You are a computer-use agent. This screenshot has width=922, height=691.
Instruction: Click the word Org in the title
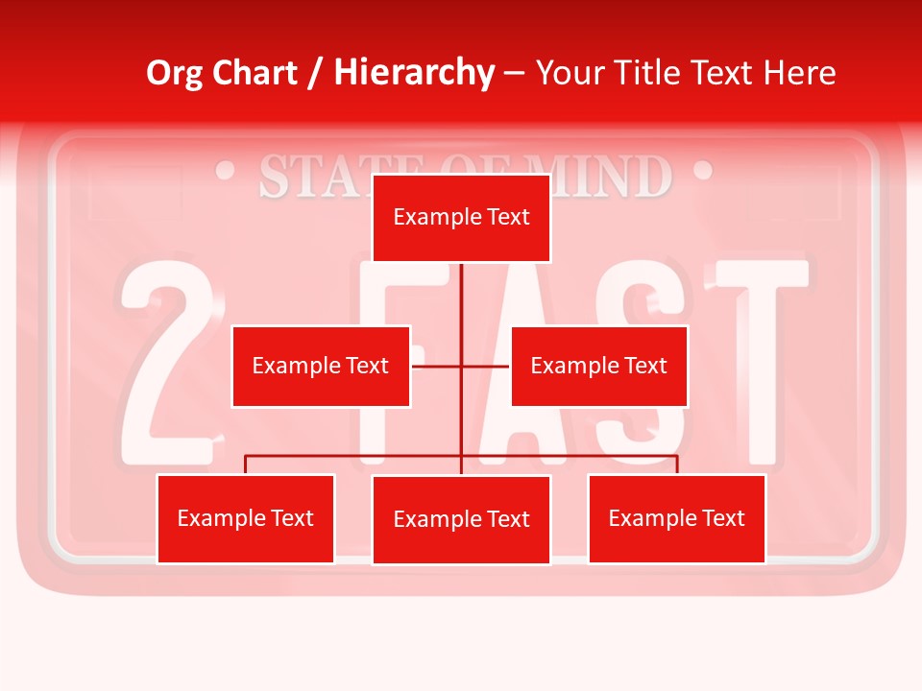(x=174, y=73)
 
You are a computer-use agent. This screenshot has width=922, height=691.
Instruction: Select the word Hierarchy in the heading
(x=414, y=73)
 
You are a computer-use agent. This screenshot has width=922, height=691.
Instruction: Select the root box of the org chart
(x=461, y=218)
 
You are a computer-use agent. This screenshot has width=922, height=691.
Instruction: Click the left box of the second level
(x=321, y=366)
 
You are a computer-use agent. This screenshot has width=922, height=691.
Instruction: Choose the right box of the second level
(x=598, y=366)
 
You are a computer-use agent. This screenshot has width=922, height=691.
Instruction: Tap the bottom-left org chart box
(x=246, y=518)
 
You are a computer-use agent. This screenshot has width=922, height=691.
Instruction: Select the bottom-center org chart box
(x=461, y=519)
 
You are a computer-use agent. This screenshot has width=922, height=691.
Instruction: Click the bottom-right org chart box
(x=676, y=518)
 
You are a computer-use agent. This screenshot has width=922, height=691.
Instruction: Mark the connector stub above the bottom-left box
(x=246, y=465)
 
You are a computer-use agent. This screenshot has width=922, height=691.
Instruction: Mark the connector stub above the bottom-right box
(x=677, y=465)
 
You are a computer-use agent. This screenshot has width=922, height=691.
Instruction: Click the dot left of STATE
(x=227, y=172)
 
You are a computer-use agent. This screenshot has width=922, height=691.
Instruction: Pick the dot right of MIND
(x=702, y=172)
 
